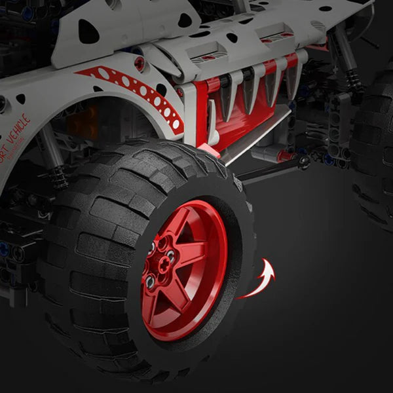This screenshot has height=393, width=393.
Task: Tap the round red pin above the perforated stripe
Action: [x=140, y=63]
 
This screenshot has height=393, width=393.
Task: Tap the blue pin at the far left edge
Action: [x=5, y=250]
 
